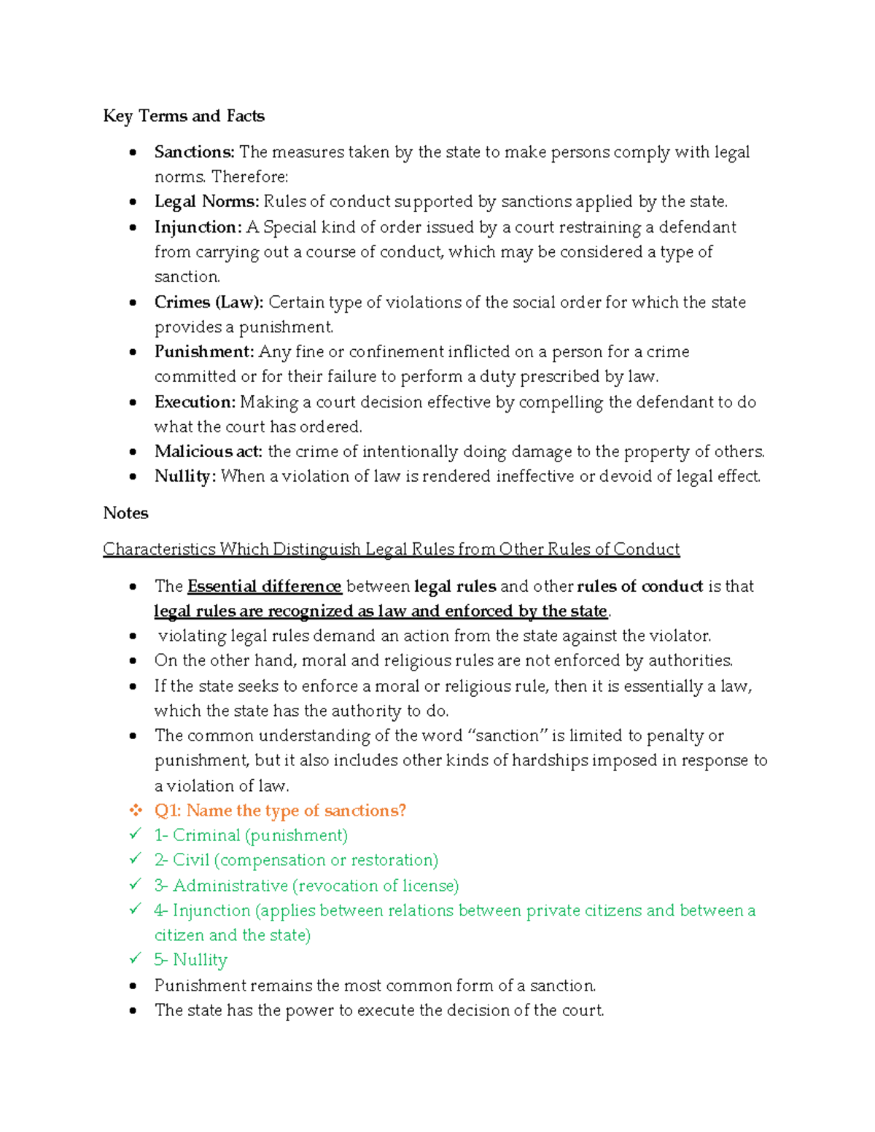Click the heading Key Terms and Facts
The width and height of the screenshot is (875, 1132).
tap(184, 116)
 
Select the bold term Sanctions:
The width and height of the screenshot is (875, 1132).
tap(194, 152)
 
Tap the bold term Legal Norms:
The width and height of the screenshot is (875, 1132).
tap(206, 201)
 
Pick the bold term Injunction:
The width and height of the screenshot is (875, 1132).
tap(198, 227)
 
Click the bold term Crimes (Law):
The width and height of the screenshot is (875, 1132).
tap(209, 302)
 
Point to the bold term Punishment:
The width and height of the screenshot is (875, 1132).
tap(204, 352)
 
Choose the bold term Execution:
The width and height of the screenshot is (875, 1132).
tap(195, 402)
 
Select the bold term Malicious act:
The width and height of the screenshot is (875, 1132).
tap(209, 452)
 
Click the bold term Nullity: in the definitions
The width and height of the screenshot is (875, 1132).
tap(185, 477)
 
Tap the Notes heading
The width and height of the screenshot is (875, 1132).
tap(125, 513)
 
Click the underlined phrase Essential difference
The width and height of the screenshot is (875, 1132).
tap(265, 587)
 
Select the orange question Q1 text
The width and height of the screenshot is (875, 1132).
tap(280, 811)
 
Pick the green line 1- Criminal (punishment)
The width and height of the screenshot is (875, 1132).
tap(251, 835)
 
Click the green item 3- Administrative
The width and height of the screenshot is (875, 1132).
tap(306, 886)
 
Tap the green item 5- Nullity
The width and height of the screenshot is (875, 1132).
tap(191, 960)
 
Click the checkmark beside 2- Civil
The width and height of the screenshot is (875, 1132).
tap(135, 859)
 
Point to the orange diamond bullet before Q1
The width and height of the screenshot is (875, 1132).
tap(135, 811)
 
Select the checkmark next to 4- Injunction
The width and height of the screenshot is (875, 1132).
tap(135, 909)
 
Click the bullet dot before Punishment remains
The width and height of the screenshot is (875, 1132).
tap(133, 986)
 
